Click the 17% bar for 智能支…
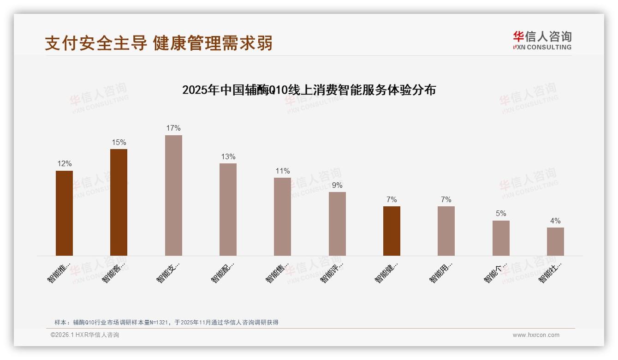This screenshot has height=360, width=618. pyautogui.click(x=173, y=195)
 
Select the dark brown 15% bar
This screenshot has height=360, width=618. pyautogui.click(x=119, y=202)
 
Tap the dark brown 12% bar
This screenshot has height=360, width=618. pyautogui.click(x=64, y=213)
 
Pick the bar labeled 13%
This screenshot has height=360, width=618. pyautogui.click(x=228, y=209)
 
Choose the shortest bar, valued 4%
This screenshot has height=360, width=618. pyautogui.click(x=555, y=241)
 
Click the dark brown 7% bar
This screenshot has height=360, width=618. pyautogui.click(x=392, y=231)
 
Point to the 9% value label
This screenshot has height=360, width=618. pyautogui.click(x=337, y=186)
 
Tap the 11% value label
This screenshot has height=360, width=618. pyautogui.click(x=283, y=171)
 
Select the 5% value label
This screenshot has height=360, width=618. pyautogui.click(x=501, y=214)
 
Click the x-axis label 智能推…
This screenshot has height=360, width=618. pyautogui.click(x=59, y=272)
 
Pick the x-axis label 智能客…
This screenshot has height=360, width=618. pyautogui.click(x=113, y=272)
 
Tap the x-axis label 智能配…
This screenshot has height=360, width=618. pyautogui.click(x=223, y=272)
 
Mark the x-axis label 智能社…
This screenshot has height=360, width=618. pyautogui.click(x=550, y=272)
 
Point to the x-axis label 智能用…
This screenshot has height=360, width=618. pyautogui.click(x=441, y=272)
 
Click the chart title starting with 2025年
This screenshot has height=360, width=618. pyautogui.click(x=309, y=90)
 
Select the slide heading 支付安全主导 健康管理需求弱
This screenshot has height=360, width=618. pyautogui.click(x=159, y=43)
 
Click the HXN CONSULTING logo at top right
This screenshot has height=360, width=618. pyautogui.click(x=542, y=41)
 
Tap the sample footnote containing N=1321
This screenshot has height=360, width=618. pyautogui.click(x=166, y=322)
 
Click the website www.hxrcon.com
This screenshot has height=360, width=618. pyautogui.click(x=536, y=335)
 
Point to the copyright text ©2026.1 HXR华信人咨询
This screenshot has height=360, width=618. pyautogui.click(x=85, y=335)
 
